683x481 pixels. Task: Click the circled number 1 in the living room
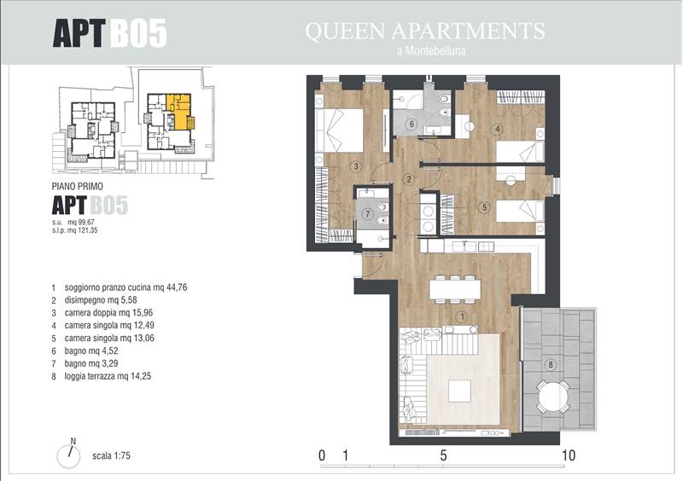(462, 317)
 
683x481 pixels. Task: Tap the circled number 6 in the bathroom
(412, 124)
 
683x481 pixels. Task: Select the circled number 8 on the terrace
(551, 364)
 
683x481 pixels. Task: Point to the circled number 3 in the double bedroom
(356, 165)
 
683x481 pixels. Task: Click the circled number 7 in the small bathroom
(369, 213)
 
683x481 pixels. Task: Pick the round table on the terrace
(552, 396)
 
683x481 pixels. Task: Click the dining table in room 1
(455, 289)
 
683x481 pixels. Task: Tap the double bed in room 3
(339, 130)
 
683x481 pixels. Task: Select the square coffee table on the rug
(459, 391)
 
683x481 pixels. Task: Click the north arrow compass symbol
(69, 455)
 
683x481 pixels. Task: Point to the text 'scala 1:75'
(111, 455)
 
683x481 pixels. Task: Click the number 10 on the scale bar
(569, 455)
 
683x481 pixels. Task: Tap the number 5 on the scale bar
(443, 455)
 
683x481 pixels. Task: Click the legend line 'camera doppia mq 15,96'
(108, 312)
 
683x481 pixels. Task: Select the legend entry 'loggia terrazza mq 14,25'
(108, 376)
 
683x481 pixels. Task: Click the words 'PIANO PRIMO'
(78, 186)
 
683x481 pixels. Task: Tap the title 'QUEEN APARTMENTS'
(425, 31)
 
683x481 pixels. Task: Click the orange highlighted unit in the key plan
(178, 113)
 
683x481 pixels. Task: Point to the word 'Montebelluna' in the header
(435, 50)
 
